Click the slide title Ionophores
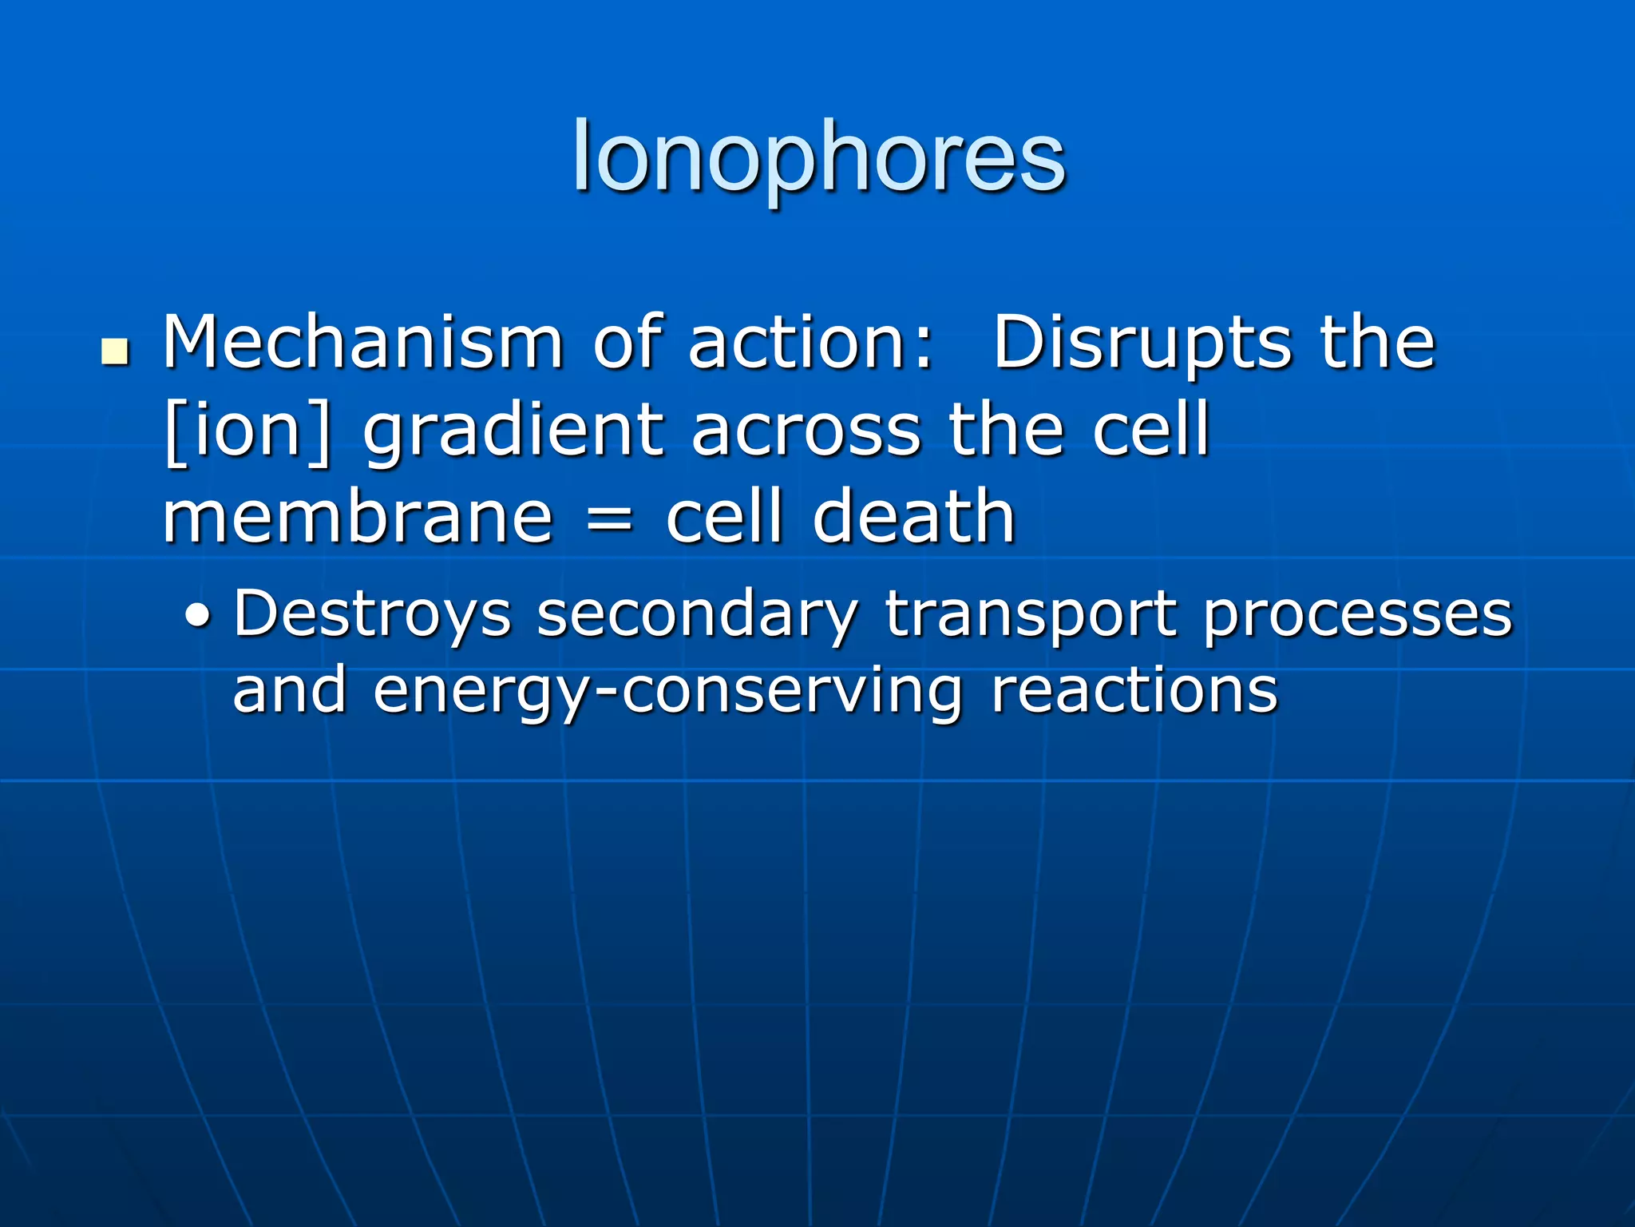[818, 157]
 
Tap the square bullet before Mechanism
[116, 352]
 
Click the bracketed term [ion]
[247, 431]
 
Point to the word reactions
[1134, 690]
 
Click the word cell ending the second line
[1150, 431]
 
